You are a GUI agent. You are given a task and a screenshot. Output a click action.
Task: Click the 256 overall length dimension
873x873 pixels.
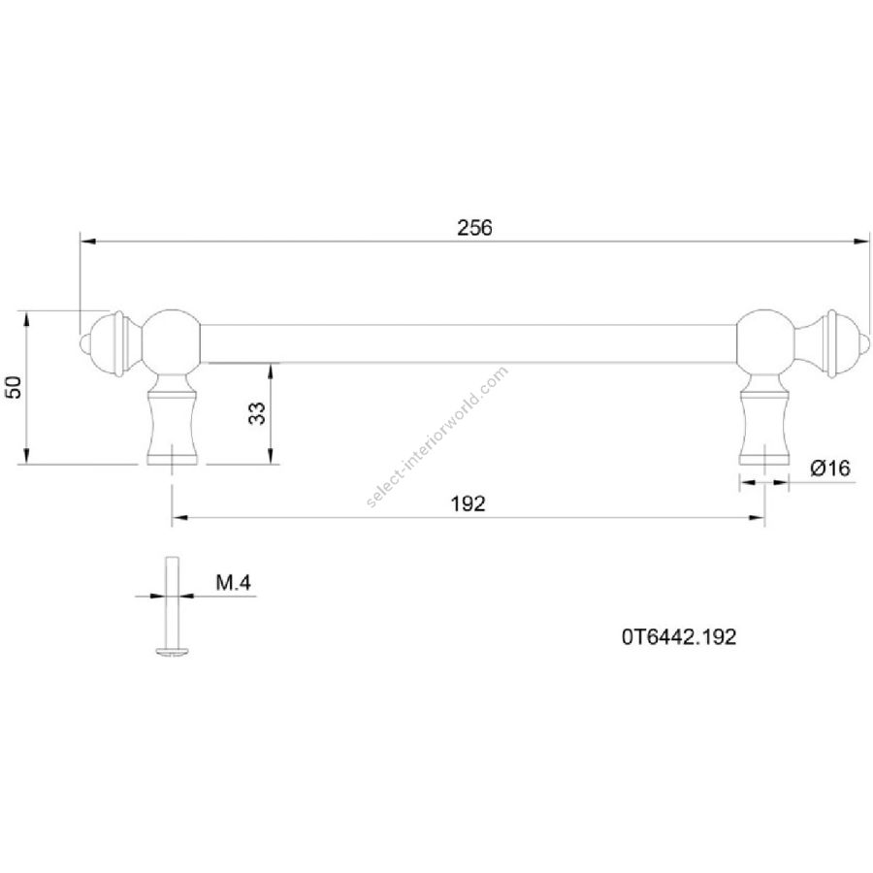474,228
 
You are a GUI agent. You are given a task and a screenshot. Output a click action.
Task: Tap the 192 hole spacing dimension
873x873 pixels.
468,503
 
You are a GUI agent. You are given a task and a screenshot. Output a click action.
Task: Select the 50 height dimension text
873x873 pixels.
14,387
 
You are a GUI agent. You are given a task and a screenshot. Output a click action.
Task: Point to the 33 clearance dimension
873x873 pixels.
257,413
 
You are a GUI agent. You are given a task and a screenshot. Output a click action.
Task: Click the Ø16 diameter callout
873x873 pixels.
830,469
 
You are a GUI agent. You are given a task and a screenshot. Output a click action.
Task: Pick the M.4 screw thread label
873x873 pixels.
233,583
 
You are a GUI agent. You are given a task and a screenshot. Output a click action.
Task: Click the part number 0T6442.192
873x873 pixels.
679,637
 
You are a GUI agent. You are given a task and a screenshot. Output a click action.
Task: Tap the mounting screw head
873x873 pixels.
172,650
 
